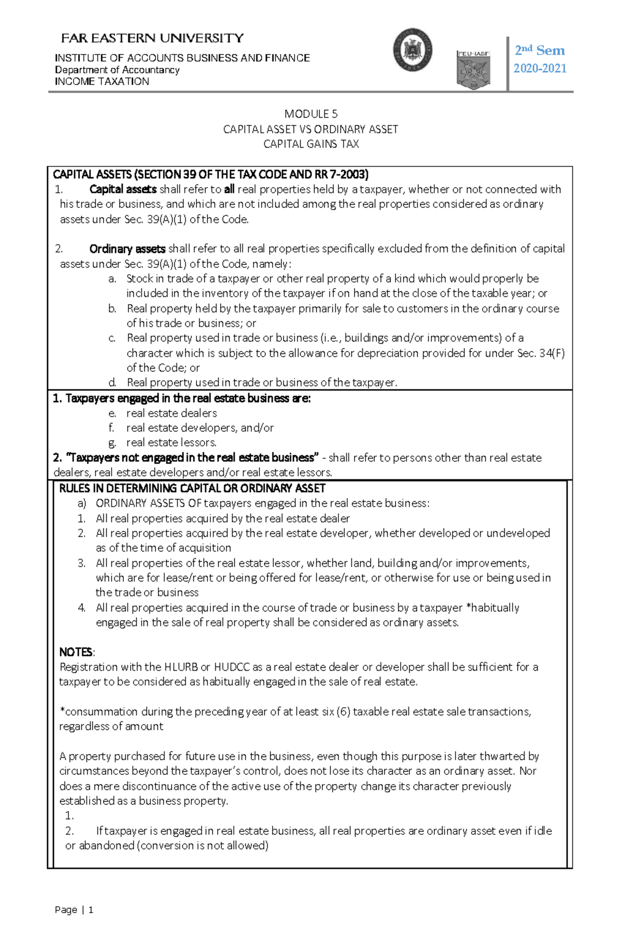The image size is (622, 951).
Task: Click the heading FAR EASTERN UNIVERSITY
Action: tap(152, 38)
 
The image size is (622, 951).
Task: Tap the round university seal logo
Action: tap(413, 50)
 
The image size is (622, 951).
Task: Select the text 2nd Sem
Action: tap(540, 50)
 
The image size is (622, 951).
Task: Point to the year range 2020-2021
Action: tap(540, 68)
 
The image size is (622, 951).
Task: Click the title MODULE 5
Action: tap(310, 114)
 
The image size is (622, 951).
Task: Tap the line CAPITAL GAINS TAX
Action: tap(310, 144)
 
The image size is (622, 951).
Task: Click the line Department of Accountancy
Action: tap(117, 70)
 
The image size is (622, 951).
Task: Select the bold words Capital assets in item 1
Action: tap(123, 189)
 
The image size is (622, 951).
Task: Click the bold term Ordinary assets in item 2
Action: tap(127, 249)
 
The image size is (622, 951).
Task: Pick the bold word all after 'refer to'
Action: tap(229, 189)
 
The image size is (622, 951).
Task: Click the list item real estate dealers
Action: tap(172, 413)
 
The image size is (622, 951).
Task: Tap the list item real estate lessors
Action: tap(172, 443)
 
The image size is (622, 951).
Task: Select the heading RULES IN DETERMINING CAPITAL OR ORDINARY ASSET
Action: tap(192, 488)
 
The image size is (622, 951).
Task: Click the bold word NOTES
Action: tap(76, 652)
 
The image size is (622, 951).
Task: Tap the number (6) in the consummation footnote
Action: tap(343, 712)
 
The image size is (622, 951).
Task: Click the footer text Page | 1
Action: tap(74, 910)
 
